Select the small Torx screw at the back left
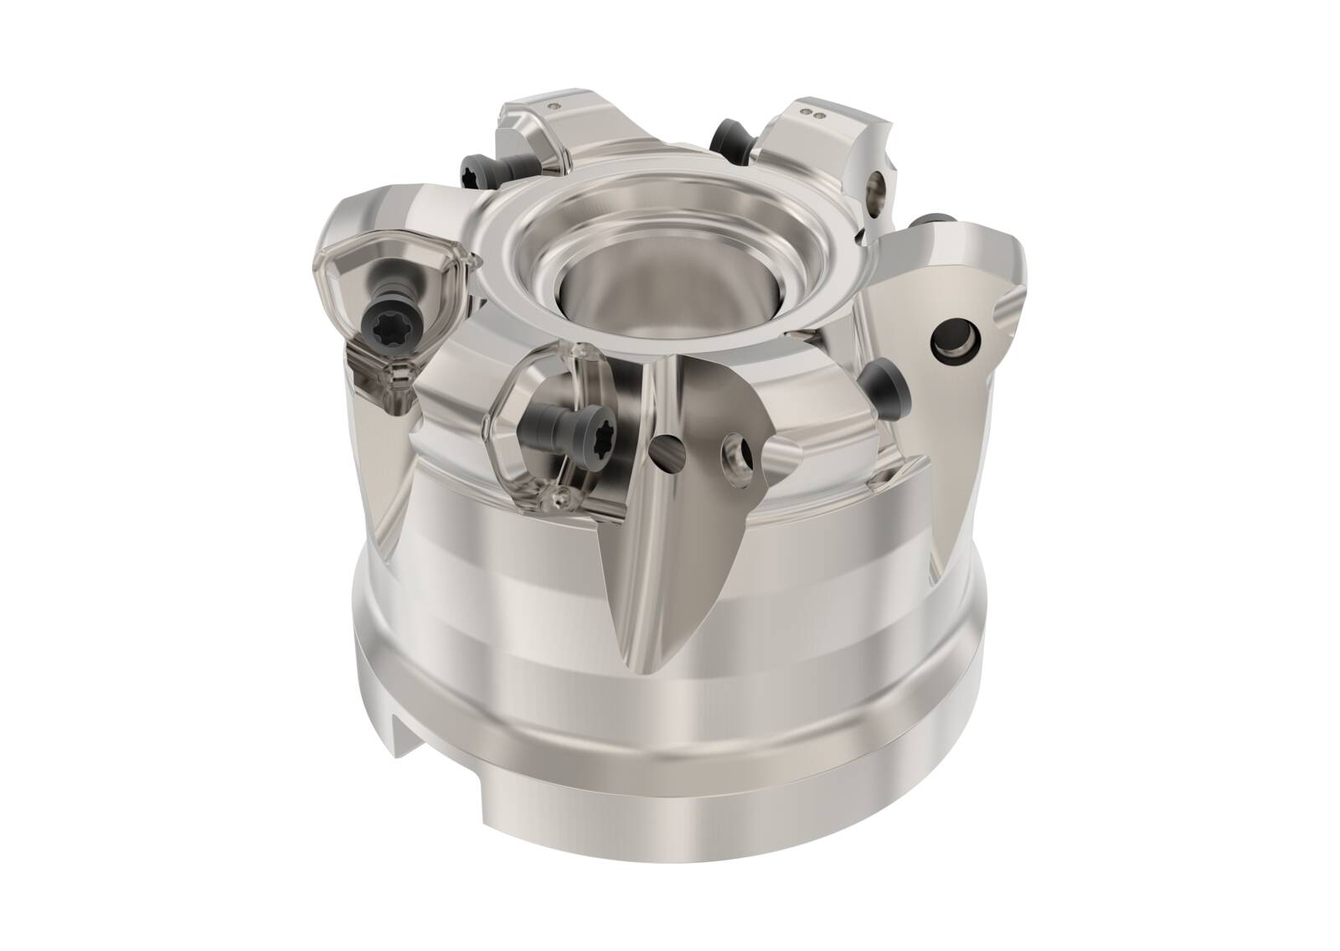pos(473,170)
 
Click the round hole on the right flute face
pos(955,338)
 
